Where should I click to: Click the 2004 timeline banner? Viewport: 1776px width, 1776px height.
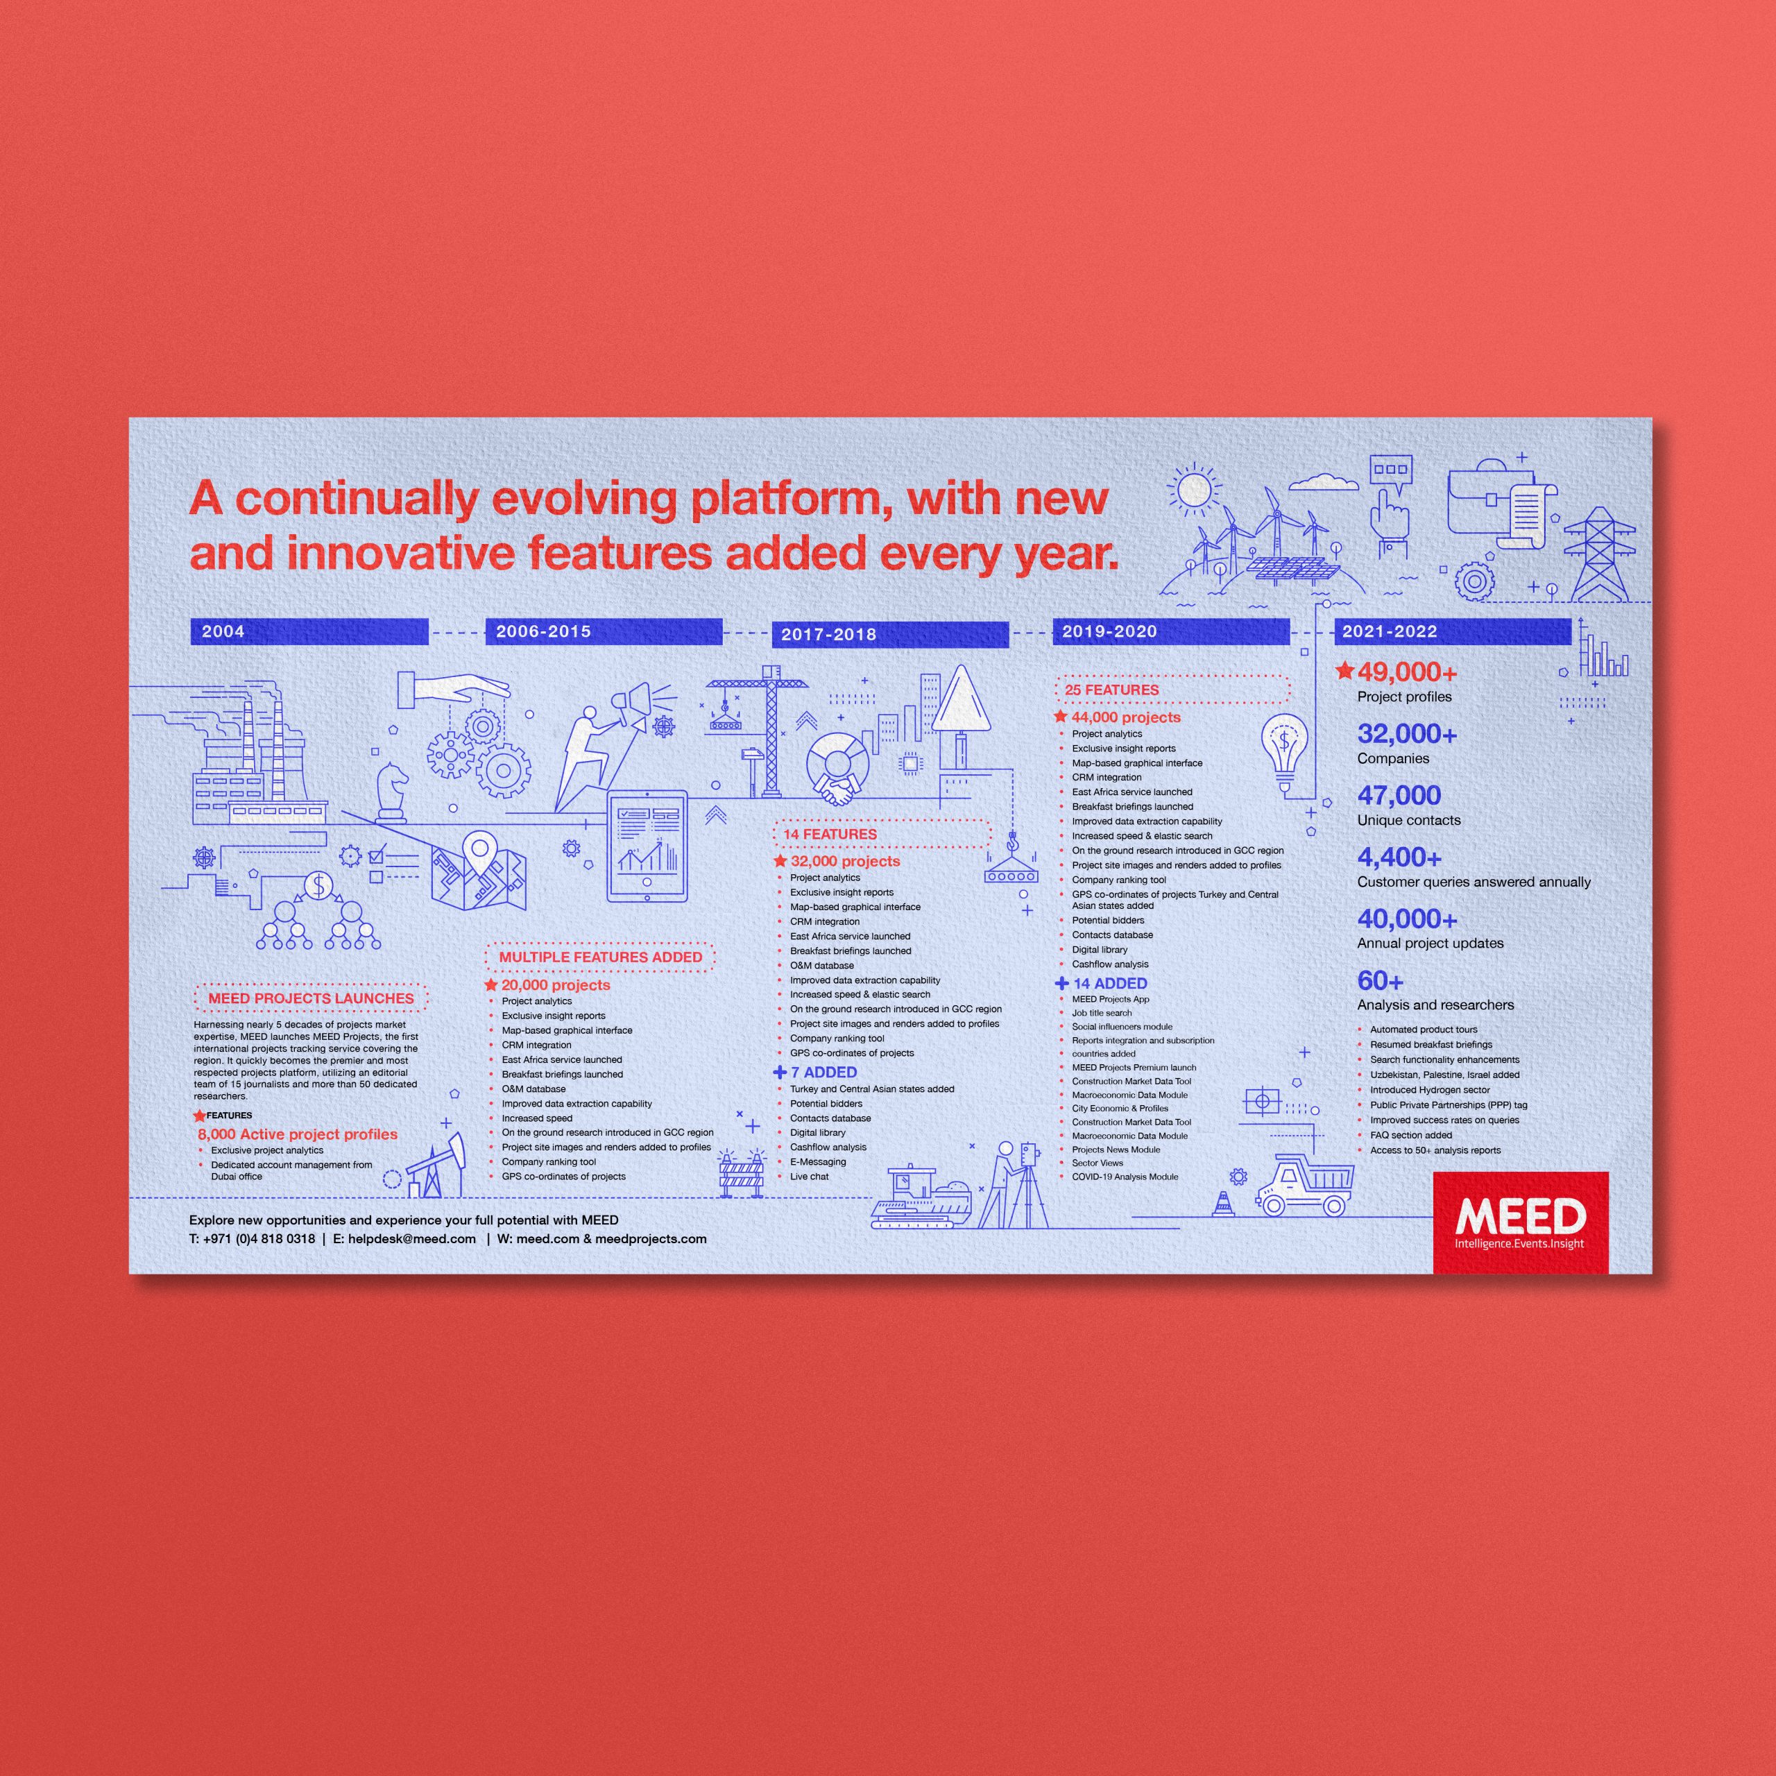tap(309, 631)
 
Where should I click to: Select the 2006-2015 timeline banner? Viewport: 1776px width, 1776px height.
tap(604, 631)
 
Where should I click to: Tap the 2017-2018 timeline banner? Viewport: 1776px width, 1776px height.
tap(890, 634)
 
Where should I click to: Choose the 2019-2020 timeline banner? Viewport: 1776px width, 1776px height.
tap(1171, 631)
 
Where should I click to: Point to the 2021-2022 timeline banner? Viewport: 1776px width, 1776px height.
tap(1453, 631)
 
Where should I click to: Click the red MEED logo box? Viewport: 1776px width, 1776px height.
tap(1521, 1222)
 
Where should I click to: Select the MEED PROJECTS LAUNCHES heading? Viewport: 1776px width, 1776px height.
tap(311, 998)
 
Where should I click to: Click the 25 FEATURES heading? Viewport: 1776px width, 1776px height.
tap(1112, 690)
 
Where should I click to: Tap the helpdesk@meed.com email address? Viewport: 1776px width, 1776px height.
tap(412, 1238)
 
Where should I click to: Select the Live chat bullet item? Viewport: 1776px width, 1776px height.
tap(809, 1177)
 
